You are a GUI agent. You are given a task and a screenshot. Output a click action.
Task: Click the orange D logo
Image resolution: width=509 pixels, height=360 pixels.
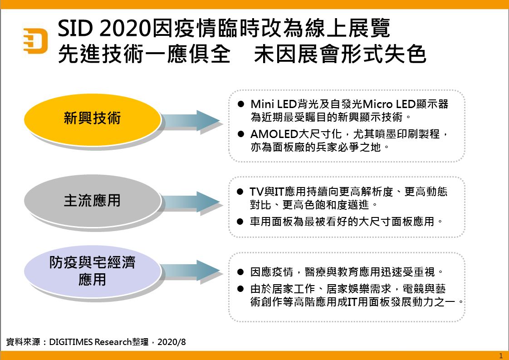pyautogui.click(x=35, y=40)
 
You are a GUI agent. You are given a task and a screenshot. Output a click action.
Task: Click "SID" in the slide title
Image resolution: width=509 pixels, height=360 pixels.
pyautogui.click(x=75, y=28)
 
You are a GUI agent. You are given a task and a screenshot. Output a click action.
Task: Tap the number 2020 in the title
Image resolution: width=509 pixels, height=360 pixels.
pyautogui.click(x=125, y=28)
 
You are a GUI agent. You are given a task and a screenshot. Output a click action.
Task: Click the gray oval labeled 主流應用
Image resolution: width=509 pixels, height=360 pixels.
pyautogui.click(x=93, y=201)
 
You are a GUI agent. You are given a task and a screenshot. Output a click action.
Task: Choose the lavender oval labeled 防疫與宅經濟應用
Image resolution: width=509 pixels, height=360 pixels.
pyautogui.click(x=93, y=271)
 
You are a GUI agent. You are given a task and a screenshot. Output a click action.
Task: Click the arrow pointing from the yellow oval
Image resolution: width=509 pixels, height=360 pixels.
pyautogui.click(x=191, y=121)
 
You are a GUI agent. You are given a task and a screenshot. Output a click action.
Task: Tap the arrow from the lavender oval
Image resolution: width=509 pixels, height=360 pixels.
pyautogui.click(x=191, y=271)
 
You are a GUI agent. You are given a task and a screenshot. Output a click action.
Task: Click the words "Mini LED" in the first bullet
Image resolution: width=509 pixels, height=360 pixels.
pyautogui.click(x=274, y=104)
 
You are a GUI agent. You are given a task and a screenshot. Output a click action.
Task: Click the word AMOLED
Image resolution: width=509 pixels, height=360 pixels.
pyautogui.click(x=274, y=134)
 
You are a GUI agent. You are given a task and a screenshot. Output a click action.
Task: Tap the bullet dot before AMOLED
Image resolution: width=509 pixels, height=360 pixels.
pyautogui.click(x=240, y=134)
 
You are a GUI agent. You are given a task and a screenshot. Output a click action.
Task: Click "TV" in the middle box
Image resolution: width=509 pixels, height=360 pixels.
pyautogui.click(x=256, y=192)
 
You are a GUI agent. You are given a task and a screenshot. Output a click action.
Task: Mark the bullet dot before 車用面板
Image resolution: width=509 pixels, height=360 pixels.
pyautogui.click(x=240, y=222)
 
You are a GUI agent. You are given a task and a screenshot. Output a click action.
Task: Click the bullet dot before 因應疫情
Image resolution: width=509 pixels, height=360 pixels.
pyautogui.click(x=240, y=271)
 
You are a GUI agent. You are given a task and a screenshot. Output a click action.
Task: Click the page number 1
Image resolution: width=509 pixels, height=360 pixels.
pyautogui.click(x=501, y=356)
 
